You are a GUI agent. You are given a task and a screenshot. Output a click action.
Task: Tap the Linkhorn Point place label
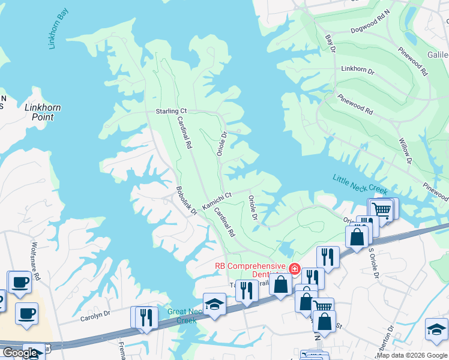pyautogui.click(x=43, y=112)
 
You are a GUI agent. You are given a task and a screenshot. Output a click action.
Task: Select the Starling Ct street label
pyautogui.click(x=172, y=111)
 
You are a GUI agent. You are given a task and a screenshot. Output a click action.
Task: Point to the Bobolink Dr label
pyautogui.click(x=186, y=200)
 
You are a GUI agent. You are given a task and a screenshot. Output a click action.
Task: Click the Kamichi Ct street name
pyautogui.click(x=217, y=201)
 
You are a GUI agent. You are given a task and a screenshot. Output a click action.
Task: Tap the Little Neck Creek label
pyautogui.click(x=361, y=183)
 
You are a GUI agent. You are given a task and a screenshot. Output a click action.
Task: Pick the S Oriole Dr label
pyautogui.click(x=373, y=263)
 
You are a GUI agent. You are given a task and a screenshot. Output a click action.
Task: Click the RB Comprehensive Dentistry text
pyautogui.click(x=251, y=269)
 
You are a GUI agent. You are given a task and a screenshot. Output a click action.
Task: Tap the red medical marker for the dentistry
pyautogui.click(x=294, y=268)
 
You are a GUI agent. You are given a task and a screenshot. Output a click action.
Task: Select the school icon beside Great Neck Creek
pyautogui.click(x=214, y=304)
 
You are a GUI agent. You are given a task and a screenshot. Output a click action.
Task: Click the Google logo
pyautogui.click(x=20, y=353)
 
